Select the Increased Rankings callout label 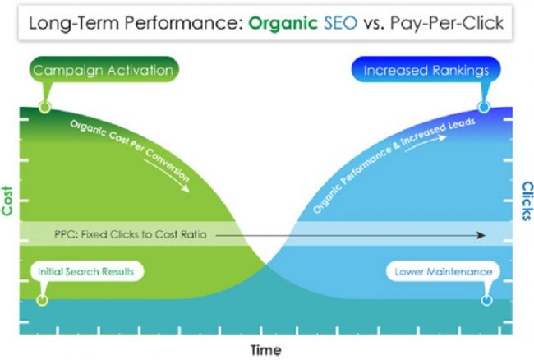426,70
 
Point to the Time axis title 265,349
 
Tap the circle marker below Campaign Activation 44,107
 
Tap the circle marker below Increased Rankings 484,107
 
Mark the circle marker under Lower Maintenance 486,300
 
